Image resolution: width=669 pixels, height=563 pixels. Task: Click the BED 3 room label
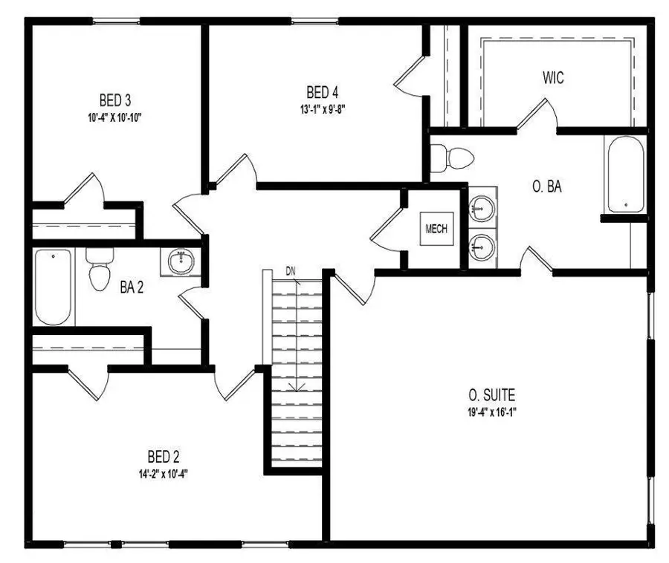tap(115, 100)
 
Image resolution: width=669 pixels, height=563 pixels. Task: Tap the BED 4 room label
tap(323, 92)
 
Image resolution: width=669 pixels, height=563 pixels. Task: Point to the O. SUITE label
tap(492, 394)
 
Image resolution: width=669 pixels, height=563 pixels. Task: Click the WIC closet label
tap(553, 77)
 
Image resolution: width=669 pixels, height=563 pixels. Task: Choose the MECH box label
tap(436, 229)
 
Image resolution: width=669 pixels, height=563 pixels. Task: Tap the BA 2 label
tap(132, 287)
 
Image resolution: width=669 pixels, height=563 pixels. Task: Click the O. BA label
tap(546, 187)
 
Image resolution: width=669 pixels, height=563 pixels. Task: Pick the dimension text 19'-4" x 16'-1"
tap(492, 411)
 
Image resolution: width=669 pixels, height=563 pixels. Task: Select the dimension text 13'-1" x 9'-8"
tap(323, 108)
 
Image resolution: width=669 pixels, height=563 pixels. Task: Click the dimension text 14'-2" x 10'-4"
tap(163, 472)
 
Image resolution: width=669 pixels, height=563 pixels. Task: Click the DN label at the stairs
tap(291, 271)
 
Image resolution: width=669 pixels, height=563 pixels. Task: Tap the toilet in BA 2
tap(98, 272)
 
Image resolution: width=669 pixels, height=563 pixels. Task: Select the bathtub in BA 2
tap(54, 287)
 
